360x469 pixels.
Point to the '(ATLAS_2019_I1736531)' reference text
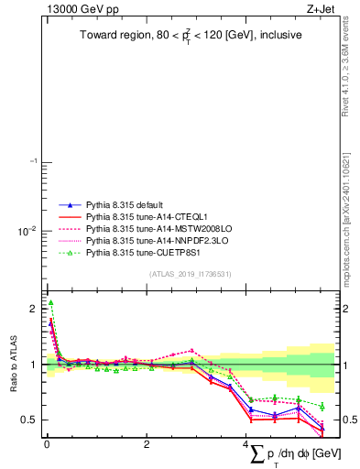[190, 274]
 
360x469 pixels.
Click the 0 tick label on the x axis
[47, 444]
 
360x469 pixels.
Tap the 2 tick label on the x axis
[147, 444]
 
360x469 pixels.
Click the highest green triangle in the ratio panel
[50, 302]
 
